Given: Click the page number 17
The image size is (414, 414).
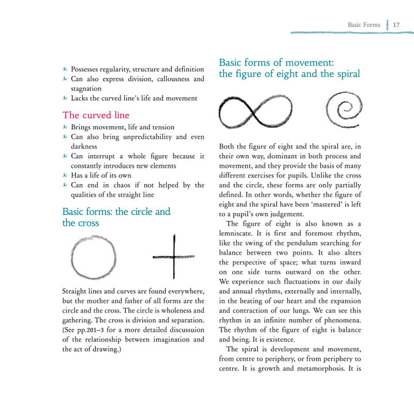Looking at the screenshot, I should [397, 25].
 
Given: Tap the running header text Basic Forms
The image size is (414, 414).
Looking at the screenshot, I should [364, 25].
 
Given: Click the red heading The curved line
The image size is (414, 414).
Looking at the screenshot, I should [96, 115].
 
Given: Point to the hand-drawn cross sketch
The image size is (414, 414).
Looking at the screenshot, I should [174, 256].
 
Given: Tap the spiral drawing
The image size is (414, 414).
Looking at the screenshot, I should [343, 109].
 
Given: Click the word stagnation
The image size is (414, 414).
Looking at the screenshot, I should [86, 89].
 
